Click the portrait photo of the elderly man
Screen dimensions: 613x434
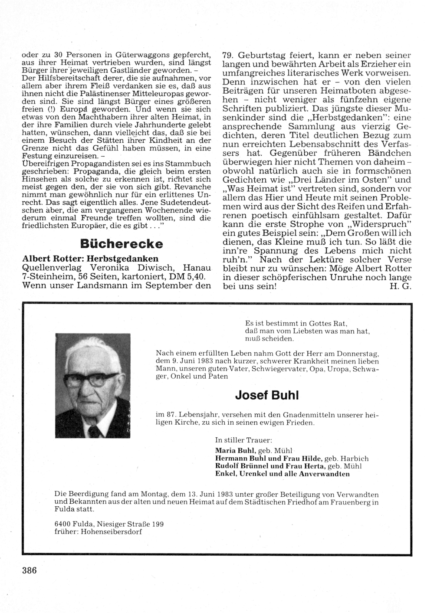click(x=93, y=379)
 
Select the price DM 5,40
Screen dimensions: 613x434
click(x=191, y=276)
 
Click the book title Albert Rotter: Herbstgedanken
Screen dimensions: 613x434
click(x=90, y=258)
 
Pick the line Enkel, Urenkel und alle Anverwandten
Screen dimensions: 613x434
click(x=283, y=474)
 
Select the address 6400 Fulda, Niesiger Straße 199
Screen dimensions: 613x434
click(x=109, y=524)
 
